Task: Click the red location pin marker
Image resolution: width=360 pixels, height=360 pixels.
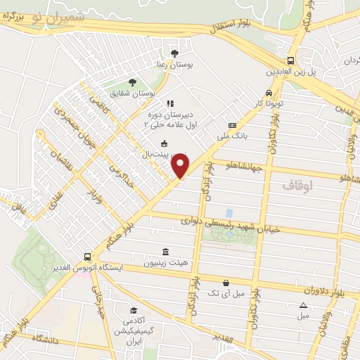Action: (181, 165)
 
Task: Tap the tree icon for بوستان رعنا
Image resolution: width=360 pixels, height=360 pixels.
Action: (175, 53)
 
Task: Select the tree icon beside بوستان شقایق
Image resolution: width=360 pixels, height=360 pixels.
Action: (132, 82)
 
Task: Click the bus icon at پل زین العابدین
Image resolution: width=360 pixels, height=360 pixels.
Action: (290, 60)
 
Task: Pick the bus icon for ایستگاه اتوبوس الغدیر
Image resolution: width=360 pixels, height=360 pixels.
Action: (87, 257)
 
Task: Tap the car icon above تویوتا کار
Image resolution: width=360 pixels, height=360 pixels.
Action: (269, 93)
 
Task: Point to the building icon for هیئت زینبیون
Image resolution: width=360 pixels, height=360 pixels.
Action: (165, 252)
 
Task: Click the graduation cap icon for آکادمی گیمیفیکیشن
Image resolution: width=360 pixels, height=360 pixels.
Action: (133, 310)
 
